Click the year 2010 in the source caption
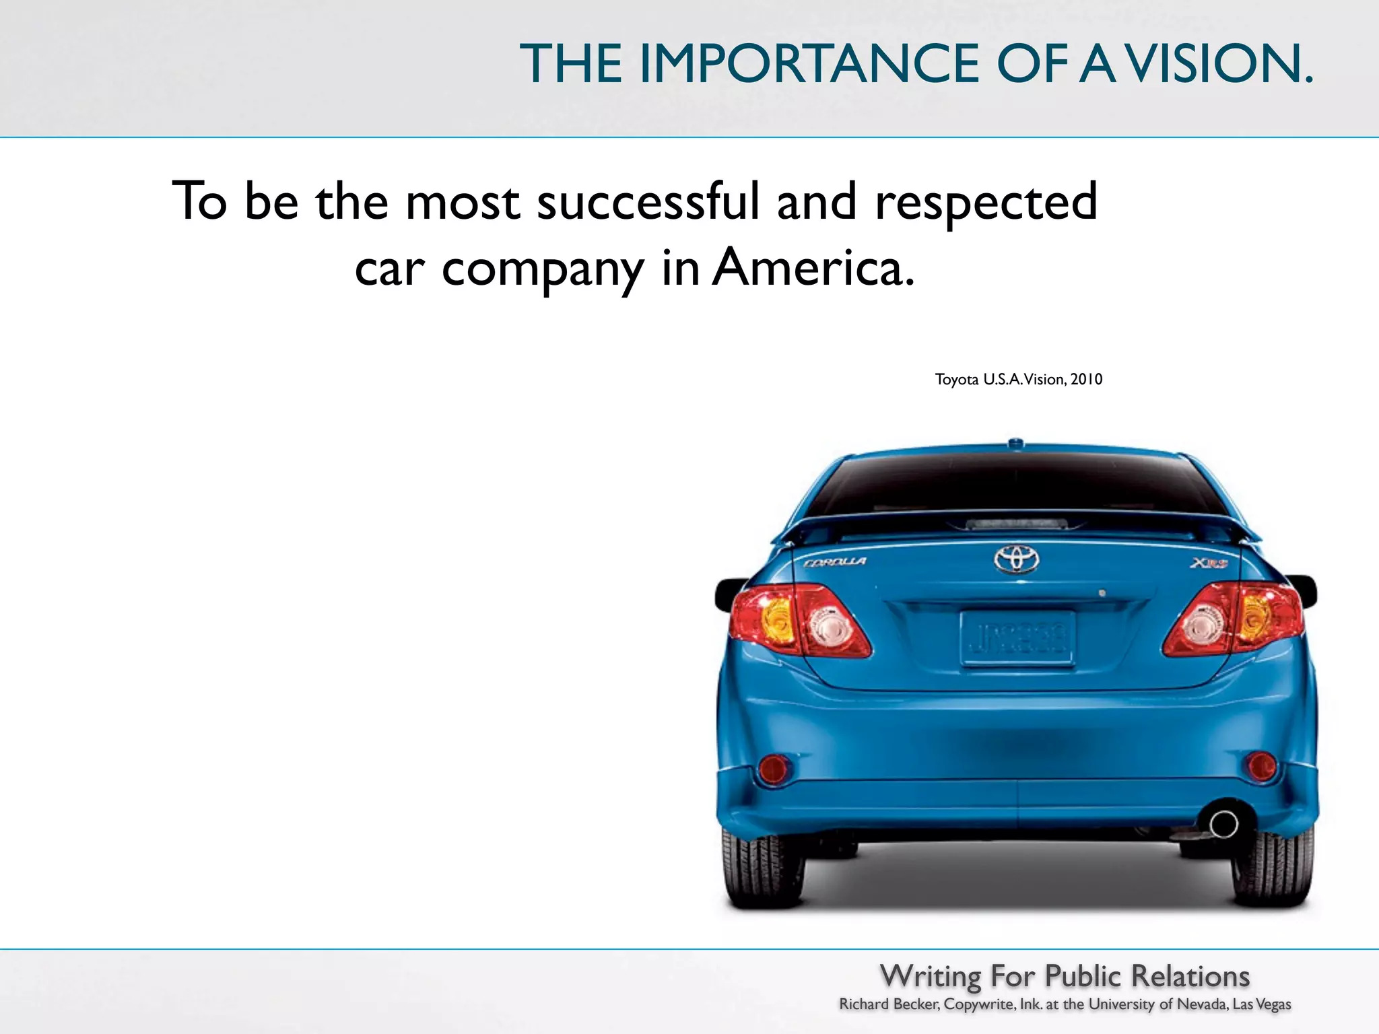click(1086, 380)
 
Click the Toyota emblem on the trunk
click(1016, 559)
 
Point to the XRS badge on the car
click(1209, 563)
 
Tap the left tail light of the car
click(799, 620)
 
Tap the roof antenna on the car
click(1015, 442)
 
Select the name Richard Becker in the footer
click(889, 1004)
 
